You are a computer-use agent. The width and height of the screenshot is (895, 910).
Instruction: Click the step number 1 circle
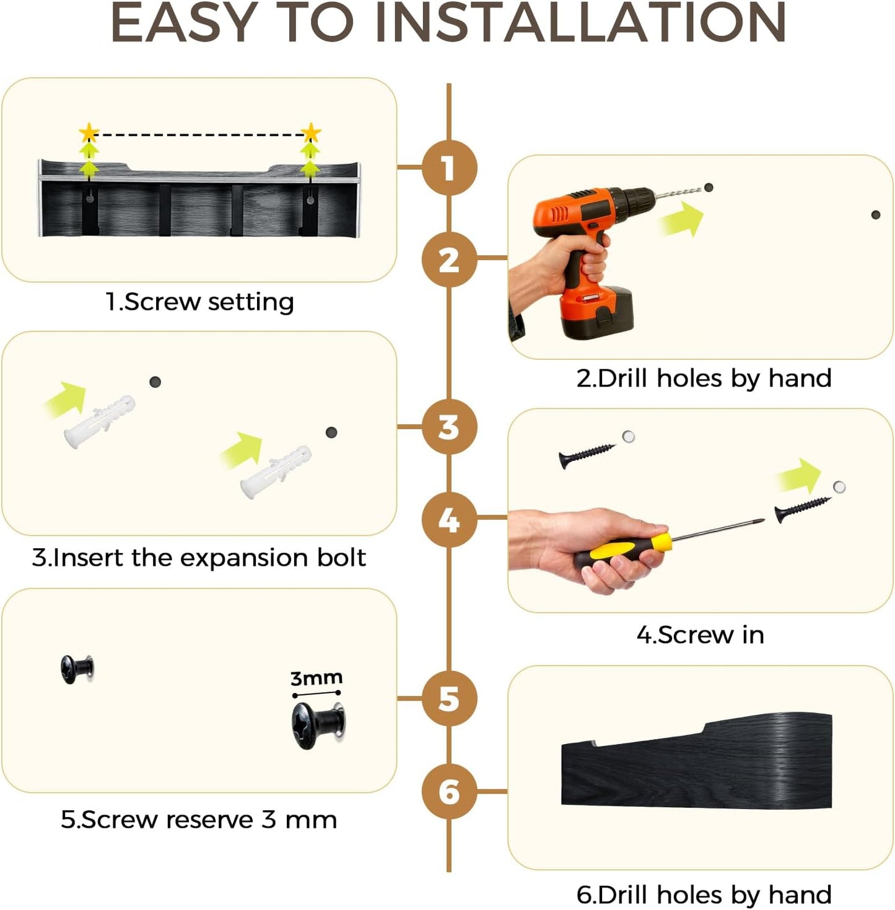click(x=448, y=168)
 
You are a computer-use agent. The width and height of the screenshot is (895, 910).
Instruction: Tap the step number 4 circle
click(x=448, y=520)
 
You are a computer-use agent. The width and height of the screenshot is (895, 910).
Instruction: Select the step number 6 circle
click(x=448, y=791)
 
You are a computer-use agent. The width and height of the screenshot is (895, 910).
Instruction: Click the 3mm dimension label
click(x=316, y=678)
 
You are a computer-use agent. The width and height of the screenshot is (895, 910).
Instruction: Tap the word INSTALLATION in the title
click(x=581, y=22)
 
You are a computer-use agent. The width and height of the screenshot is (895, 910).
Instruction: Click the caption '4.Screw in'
click(x=701, y=634)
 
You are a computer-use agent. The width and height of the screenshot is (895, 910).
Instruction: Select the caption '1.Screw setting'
click(x=199, y=302)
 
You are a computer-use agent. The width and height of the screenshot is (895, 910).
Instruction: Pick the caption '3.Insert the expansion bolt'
click(x=199, y=558)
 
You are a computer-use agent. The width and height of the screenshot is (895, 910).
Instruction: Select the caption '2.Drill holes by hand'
click(x=704, y=378)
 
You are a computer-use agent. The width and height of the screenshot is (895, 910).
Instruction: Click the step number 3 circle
click(x=448, y=427)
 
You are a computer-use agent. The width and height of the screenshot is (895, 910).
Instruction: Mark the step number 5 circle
click(x=448, y=698)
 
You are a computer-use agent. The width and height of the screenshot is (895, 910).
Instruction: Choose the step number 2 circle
click(x=448, y=260)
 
